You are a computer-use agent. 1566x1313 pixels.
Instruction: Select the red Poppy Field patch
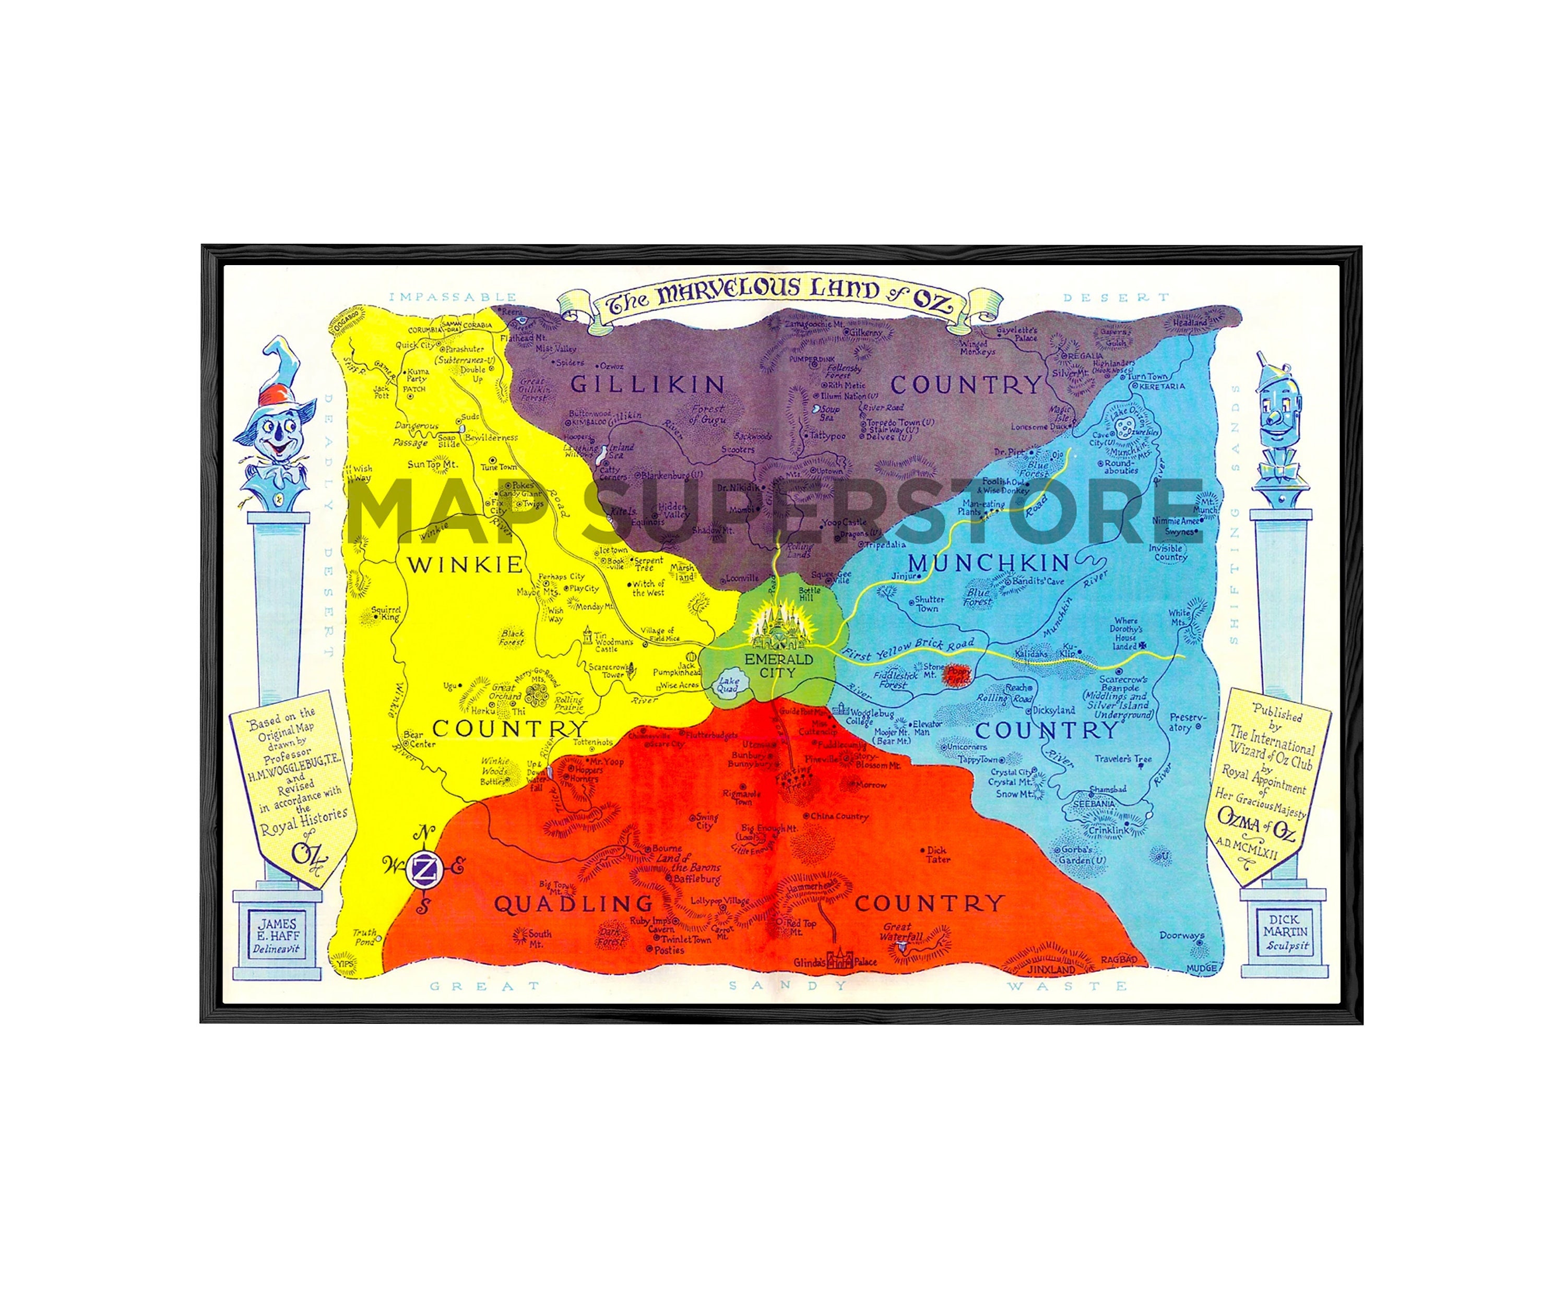point(956,675)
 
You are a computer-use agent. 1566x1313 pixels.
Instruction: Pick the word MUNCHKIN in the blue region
point(989,563)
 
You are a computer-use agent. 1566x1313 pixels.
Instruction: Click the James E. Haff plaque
point(277,936)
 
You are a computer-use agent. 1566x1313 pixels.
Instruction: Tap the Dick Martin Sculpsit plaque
point(1285,932)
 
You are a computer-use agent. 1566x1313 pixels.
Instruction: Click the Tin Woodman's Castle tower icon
point(588,636)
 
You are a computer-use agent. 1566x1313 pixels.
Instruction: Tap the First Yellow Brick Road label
point(908,649)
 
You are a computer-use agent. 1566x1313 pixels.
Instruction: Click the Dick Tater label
point(938,854)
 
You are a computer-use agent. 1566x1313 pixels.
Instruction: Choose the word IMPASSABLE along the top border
point(453,297)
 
